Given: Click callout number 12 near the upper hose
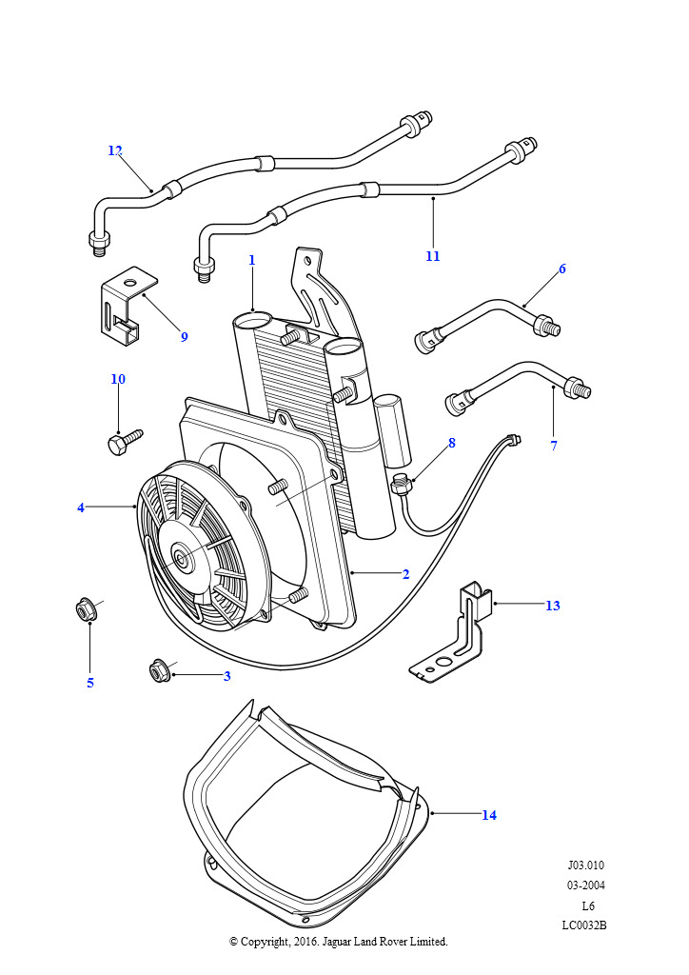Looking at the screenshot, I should tap(115, 150).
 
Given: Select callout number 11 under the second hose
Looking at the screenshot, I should tap(433, 256).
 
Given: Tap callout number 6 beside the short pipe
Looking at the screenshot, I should tap(561, 269).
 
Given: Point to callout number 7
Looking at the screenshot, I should tap(554, 446).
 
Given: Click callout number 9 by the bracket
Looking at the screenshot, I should tap(184, 336).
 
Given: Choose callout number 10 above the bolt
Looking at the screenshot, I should tap(118, 379).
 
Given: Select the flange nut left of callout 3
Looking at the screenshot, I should tap(159, 672).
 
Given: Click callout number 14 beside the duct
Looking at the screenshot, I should tap(488, 815).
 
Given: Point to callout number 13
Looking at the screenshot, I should tap(552, 606).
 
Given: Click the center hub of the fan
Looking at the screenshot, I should tap(180, 557).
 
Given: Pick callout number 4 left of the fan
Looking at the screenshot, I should tap(81, 507).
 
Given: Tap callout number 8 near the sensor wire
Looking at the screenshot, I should tap(451, 443).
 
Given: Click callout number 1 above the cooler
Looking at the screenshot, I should tap(251, 260).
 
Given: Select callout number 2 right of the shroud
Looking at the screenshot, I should tap(405, 574).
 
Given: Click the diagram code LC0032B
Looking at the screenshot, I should tap(583, 925).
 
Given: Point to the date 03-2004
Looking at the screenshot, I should tap(585, 885).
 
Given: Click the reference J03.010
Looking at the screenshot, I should tap(585, 866).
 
